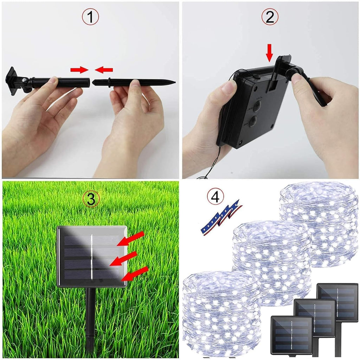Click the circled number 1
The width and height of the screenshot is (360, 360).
click(x=90, y=17)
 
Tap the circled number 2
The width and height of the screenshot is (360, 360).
click(x=270, y=17)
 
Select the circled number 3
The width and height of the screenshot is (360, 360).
click(x=91, y=199)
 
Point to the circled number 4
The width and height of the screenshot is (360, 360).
click(x=215, y=197)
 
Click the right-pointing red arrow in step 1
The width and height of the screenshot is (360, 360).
click(x=79, y=70)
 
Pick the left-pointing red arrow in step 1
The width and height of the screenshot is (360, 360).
click(x=104, y=70)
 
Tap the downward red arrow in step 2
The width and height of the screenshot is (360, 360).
click(x=270, y=53)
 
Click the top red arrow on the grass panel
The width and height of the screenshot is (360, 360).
click(x=131, y=239)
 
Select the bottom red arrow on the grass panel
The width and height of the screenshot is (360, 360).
click(x=135, y=274)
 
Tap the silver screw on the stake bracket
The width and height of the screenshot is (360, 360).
click(x=24, y=80)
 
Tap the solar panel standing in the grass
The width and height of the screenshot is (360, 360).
click(x=92, y=256)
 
